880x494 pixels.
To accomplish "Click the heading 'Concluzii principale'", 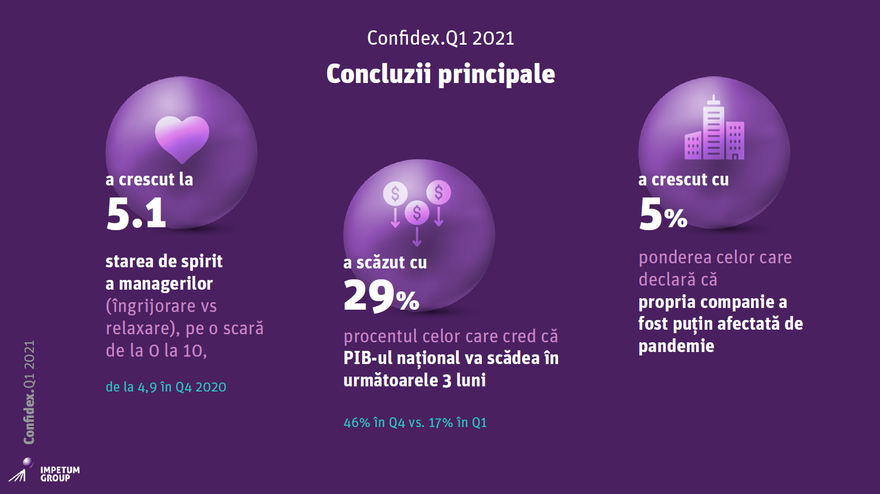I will (x=441, y=74).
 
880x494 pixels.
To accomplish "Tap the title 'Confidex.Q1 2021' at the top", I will (x=441, y=38).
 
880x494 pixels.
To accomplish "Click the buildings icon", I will (x=714, y=129).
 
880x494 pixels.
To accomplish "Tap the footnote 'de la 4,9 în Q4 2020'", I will (x=166, y=387).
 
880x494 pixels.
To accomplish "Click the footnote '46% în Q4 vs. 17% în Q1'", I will (x=415, y=422).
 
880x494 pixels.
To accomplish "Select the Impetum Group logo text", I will (x=60, y=474).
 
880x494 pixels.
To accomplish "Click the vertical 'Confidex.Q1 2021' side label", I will (x=29, y=392).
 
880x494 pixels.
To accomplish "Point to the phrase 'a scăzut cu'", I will (x=385, y=263).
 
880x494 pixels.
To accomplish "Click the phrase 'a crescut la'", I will (x=149, y=180).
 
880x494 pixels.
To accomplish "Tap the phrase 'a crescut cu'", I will (x=683, y=180).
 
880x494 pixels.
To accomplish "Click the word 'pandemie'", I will (x=676, y=346).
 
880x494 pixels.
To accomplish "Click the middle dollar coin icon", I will (x=417, y=213).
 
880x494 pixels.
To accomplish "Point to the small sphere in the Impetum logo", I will (x=27, y=462).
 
